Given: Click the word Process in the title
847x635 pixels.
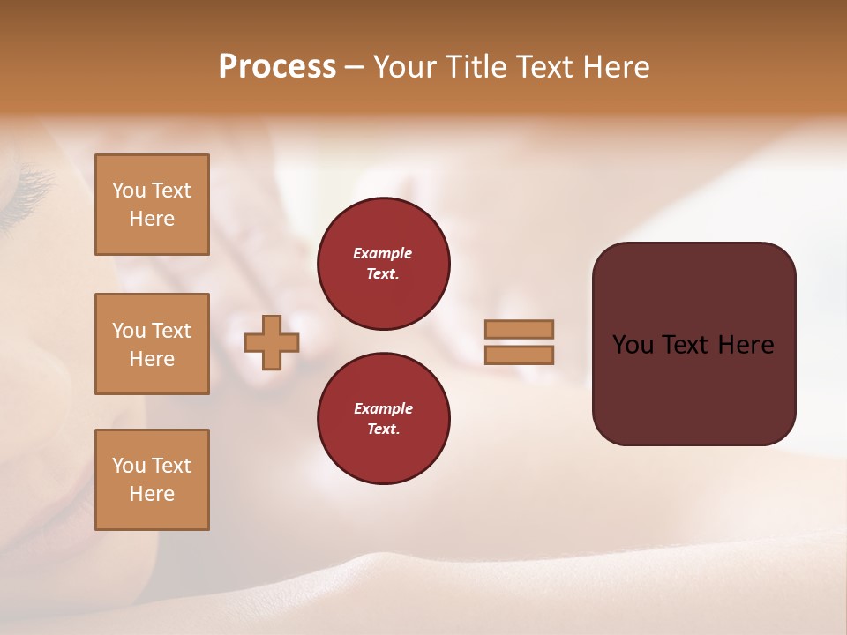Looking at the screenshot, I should [277, 67].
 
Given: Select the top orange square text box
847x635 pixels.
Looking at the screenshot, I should [152, 205].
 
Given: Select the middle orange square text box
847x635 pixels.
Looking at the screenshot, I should [152, 344].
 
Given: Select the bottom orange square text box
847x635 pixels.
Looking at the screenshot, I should [152, 480].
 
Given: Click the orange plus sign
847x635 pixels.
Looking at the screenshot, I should [272, 342].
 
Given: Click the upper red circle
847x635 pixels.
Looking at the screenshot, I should [384, 264].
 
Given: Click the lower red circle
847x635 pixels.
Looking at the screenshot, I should [384, 419].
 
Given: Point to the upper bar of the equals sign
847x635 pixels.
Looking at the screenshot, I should [519, 329].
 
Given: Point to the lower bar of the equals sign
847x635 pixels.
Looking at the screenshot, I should [519, 355].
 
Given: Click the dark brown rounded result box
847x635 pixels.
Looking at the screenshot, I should [693, 343].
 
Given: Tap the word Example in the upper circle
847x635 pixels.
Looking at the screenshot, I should [383, 253].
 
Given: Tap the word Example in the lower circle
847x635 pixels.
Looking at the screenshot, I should [383, 408].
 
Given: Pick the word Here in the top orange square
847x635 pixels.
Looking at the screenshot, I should [152, 219].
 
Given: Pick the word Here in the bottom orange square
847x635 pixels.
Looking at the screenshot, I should [152, 494].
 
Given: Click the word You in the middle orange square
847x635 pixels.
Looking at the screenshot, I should [127, 331].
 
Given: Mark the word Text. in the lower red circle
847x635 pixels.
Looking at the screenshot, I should [383, 430].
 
